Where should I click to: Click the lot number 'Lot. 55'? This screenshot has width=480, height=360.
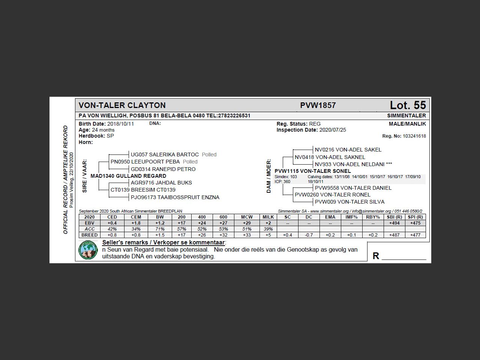point(408,105)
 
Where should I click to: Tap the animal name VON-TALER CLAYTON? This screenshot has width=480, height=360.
point(122,105)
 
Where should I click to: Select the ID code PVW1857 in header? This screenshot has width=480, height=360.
point(318,105)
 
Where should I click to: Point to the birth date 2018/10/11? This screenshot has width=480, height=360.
point(120,124)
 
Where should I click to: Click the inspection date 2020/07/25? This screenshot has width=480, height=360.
point(333,130)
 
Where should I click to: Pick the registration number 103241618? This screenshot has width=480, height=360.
point(414,136)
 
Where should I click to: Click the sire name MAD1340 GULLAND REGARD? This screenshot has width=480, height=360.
point(128,176)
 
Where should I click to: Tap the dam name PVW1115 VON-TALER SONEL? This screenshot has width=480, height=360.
point(313,171)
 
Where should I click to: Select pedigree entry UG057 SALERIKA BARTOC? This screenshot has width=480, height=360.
point(165,154)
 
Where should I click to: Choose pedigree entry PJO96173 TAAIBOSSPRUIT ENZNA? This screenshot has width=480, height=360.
point(175,197)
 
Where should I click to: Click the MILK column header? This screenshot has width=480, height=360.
point(268,217)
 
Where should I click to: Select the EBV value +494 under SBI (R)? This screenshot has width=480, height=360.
point(394,223)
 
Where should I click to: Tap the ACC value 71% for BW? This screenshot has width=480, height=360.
point(160,229)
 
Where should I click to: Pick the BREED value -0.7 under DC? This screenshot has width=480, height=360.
point(309,235)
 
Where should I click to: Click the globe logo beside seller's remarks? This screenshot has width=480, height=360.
point(88,250)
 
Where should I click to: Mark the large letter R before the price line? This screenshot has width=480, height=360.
point(376,256)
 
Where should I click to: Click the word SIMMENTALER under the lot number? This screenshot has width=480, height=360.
point(406,115)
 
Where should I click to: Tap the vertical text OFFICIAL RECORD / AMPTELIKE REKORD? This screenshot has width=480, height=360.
point(66,180)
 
